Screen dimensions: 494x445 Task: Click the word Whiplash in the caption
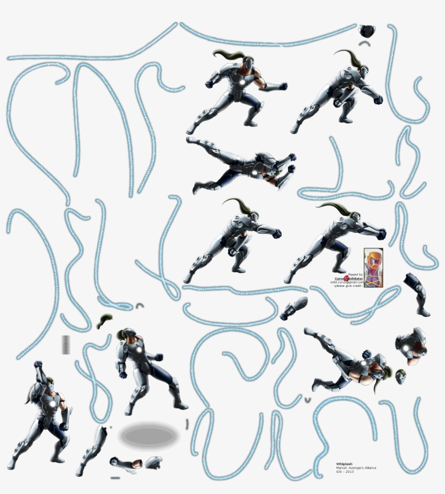point(344,464)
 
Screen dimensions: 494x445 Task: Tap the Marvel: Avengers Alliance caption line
point(356,468)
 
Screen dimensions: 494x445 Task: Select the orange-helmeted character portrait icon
point(373,267)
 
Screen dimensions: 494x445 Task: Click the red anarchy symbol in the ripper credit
point(347,278)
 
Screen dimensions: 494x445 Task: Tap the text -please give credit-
point(348,286)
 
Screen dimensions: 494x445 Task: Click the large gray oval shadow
point(149,434)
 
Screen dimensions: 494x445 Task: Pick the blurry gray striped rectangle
point(66,344)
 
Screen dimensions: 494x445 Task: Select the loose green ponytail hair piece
point(104,321)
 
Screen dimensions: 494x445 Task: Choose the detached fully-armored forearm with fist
point(294,307)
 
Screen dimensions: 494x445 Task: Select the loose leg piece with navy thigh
point(417,293)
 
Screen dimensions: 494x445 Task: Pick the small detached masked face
point(400,376)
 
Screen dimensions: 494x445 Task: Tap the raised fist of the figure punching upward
point(38,365)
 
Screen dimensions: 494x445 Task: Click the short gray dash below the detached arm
point(115,478)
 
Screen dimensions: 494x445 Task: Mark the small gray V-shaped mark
point(308,400)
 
